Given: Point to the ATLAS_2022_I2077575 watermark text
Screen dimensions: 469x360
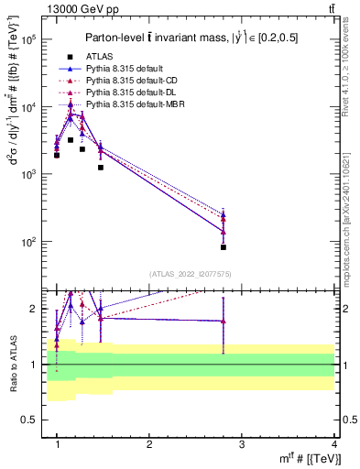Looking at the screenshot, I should pos(191,274).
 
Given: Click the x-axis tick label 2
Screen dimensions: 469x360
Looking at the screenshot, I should pos(149,444).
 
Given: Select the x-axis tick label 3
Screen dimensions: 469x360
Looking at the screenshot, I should pos(242,444).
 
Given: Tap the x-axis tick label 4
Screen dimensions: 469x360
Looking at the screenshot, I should pos(333,444).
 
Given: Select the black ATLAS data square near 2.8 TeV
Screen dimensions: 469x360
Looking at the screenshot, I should pos(223,247).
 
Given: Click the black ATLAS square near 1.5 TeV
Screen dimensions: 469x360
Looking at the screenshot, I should pos(101,168).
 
